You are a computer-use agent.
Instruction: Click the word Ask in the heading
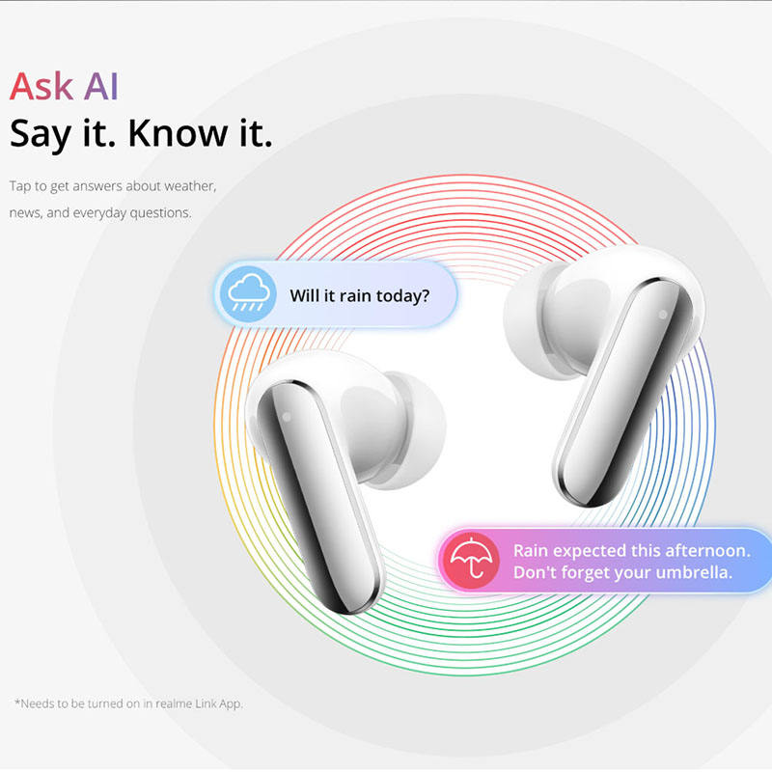tap(41, 86)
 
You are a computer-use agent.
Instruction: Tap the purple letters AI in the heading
tap(101, 86)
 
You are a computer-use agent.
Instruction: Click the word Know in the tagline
tap(178, 133)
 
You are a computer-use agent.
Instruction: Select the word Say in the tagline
tap(41, 135)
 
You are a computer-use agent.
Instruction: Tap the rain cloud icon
tap(249, 294)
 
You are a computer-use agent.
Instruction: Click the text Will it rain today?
tap(359, 296)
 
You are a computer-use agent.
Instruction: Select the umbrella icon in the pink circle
tap(471, 560)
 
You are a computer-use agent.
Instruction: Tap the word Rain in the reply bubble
tap(531, 550)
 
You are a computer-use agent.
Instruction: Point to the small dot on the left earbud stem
tap(287, 417)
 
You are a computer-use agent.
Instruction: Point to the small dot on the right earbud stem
tap(663, 315)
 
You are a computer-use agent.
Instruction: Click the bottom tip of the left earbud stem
tap(350, 612)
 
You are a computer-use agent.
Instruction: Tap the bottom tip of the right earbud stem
tap(587, 504)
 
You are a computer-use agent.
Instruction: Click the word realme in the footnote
tap(174, 703)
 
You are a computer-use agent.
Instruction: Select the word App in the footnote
tap(231, 704)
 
